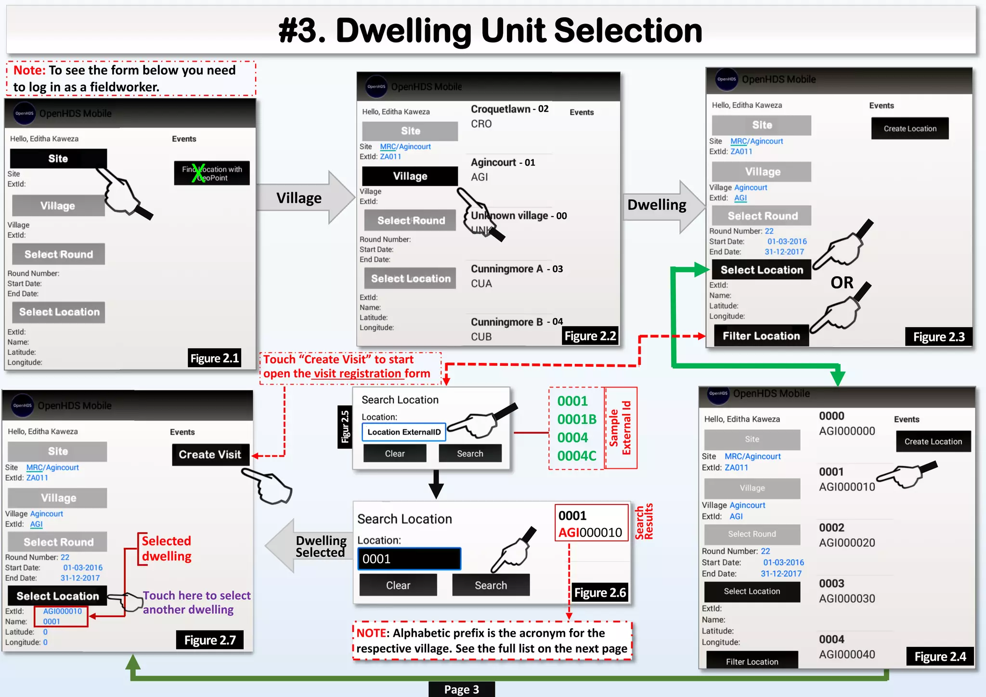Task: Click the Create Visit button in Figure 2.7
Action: pos(210,454)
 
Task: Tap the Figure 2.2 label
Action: pos(590,336)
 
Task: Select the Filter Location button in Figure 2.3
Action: pos(761,336)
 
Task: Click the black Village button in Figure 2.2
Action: pos(410,176)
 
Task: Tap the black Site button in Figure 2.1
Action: pos(58,158)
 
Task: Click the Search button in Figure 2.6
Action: pos(491,585)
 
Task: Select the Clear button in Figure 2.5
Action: pos(394,453)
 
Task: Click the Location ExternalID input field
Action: pos(404,432)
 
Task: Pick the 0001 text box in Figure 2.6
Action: pos(409,559)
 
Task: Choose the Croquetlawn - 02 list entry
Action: pos(509,116)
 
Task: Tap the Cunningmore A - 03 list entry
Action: pos(516,276)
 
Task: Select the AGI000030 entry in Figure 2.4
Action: pos(846,598)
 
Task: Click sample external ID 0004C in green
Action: pos(576,455)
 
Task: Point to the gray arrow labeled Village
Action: pos(303,198)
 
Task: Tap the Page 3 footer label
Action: pos(461,689)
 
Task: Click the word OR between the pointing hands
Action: pos(842,283)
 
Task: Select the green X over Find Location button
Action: pos(198,173)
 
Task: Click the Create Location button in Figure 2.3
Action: pos(909,129)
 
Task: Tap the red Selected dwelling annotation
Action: pos(167,548)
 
